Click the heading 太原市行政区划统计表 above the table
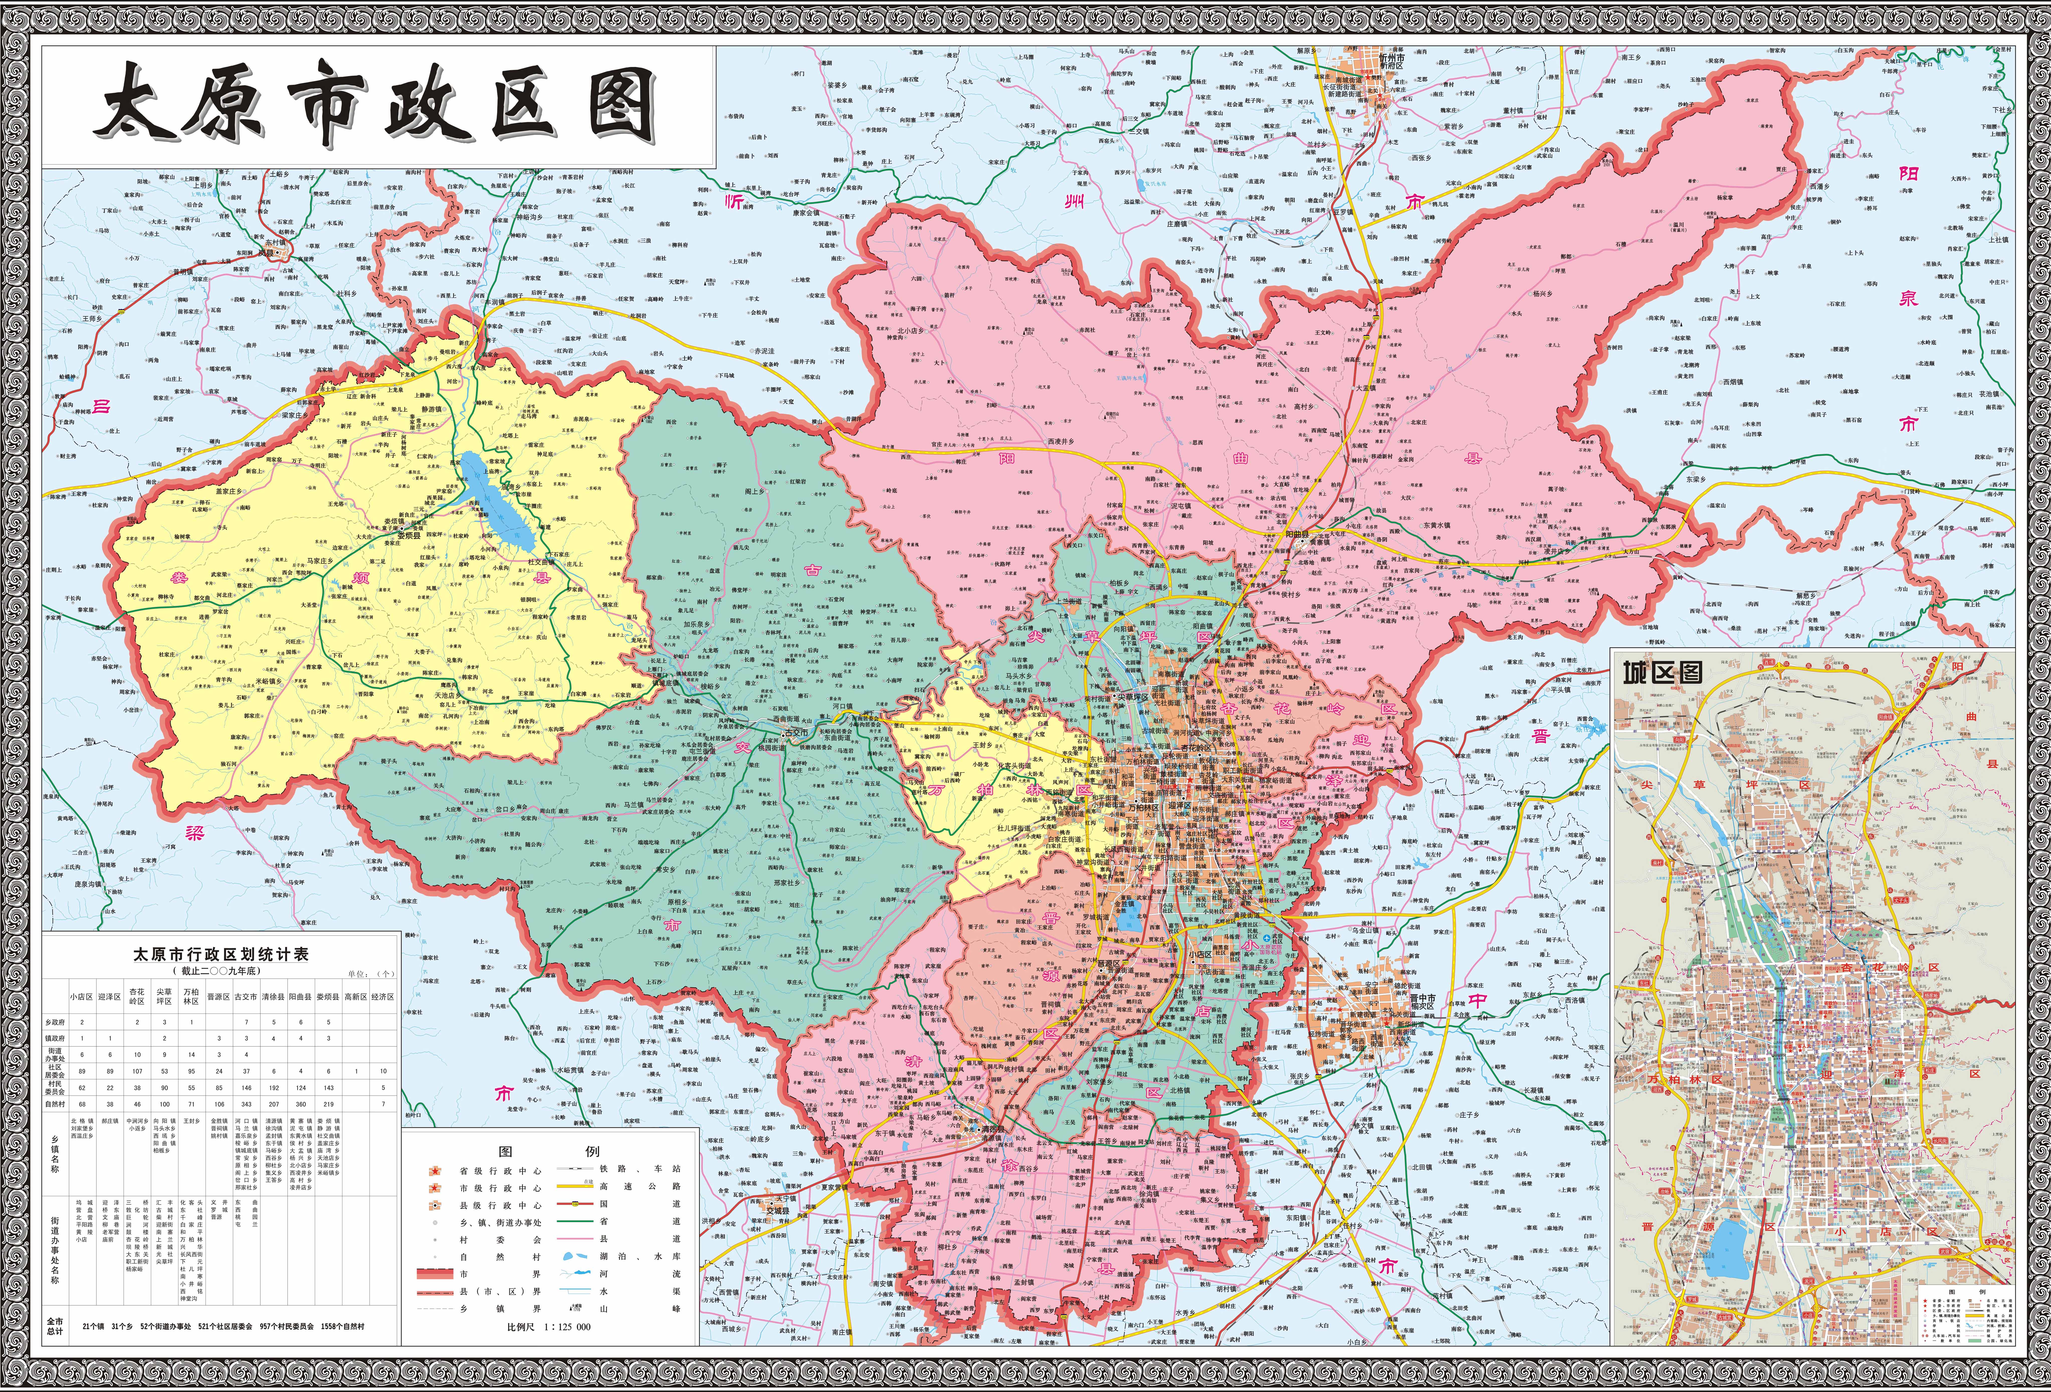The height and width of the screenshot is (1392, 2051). coord(221,954)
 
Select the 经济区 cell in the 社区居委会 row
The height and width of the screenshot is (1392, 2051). coord(383,1071)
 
